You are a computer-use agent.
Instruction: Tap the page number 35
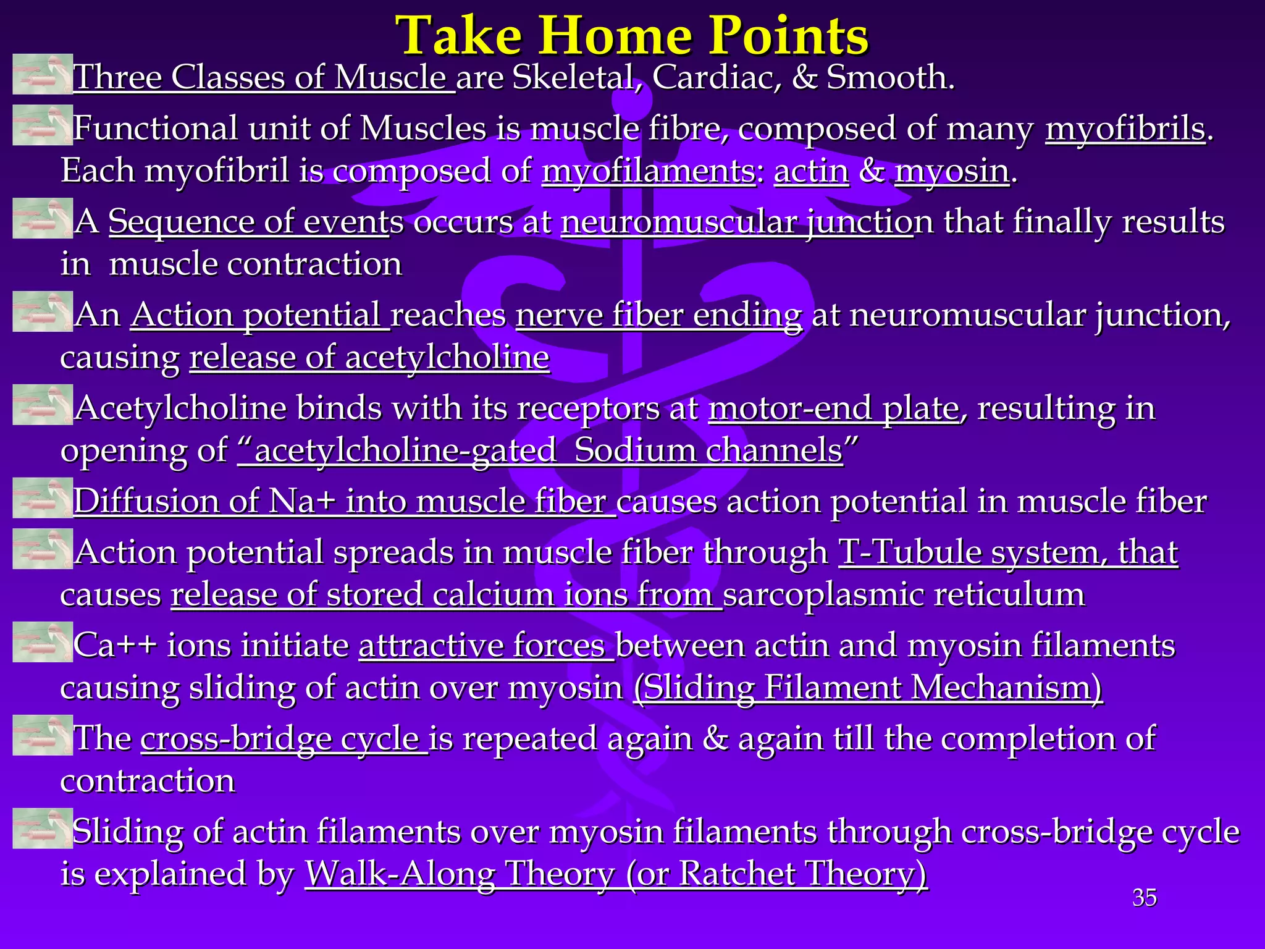(x=1144, y=898)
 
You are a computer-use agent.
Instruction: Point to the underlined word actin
(x=811, y=171)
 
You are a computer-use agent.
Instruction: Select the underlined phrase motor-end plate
(x=834, y=408)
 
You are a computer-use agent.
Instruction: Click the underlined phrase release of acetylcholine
(x=369, y=358)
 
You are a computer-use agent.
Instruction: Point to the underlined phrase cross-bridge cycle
(x=284, y=739)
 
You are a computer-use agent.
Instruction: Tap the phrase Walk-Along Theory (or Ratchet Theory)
(x=616, y=874)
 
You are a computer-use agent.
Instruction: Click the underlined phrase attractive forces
(x=486, y=646)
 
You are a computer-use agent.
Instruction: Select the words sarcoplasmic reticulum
(x=904, y=594)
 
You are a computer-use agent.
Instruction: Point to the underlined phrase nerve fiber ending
(x=658, y=316)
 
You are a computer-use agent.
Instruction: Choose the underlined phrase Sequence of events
(x=248, y=222)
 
